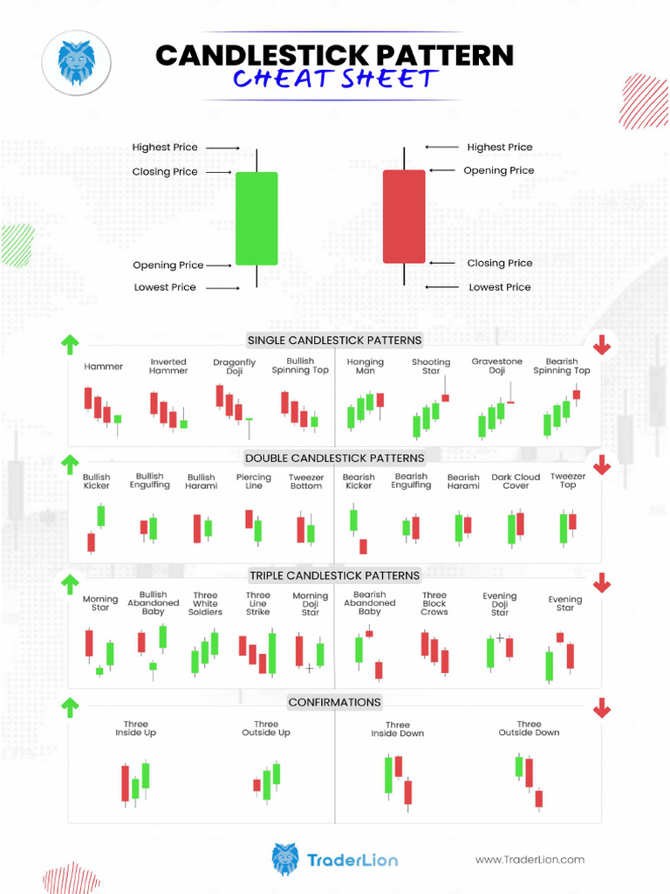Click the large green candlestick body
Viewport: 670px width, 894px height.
[256, 218]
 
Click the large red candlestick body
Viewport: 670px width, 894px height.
[404, 217]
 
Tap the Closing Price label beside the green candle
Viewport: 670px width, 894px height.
[165, 172]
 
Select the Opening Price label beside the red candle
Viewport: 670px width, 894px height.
[498, 171]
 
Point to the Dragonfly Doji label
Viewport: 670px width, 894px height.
[235, 367]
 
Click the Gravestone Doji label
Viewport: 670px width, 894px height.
[497, 366]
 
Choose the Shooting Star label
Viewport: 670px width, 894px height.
[431, 367]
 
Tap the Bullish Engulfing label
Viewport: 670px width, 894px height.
[150, 481]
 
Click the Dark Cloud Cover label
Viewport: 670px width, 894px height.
[516, 481]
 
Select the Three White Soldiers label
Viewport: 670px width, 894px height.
[205, 604]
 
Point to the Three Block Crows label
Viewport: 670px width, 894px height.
[434, 603]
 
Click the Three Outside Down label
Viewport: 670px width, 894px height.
[529, 728]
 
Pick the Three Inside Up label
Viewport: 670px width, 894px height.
[135, 728]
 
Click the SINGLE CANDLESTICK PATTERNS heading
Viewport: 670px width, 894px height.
[334, 340]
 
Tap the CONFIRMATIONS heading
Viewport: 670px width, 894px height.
[334, 702]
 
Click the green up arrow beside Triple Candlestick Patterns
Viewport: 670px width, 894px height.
[70, 584]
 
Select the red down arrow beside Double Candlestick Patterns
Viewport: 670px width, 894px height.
[602, 464]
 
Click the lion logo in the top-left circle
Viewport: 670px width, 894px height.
[76, 61]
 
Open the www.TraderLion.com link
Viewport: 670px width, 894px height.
[530, 860]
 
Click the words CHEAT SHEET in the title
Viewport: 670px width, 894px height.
[334, 79]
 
